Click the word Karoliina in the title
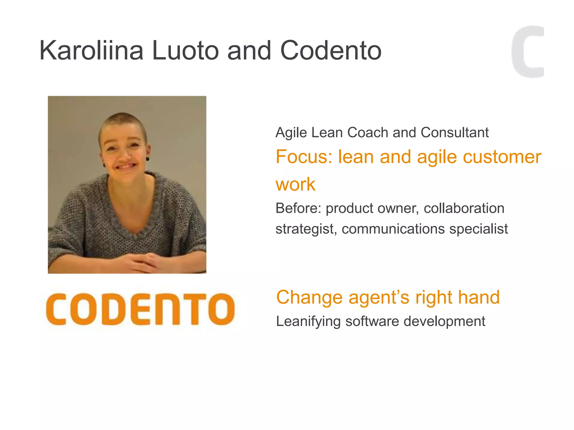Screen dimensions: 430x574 pyautogui.click(x=91, y=51)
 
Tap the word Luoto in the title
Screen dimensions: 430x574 pyautogui.click(x=185, y=51)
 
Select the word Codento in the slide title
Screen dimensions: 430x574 pyautogui.click(x=331, y=51)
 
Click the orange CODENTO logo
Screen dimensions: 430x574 pyautogui.click(x=140, y=309)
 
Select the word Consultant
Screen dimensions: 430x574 pyautogui.click(x=455, y=132)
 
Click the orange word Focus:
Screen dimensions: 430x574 pyautogui.click(x=304, y=156)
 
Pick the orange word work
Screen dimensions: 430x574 pyautogui.click(x=295, y=184)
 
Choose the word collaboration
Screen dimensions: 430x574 pyautogui.click(x=464, y=208)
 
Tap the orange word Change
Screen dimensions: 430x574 pyautogui.click(x=309, y=297)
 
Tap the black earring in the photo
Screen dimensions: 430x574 pyautogui.click(x=147, y=159)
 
